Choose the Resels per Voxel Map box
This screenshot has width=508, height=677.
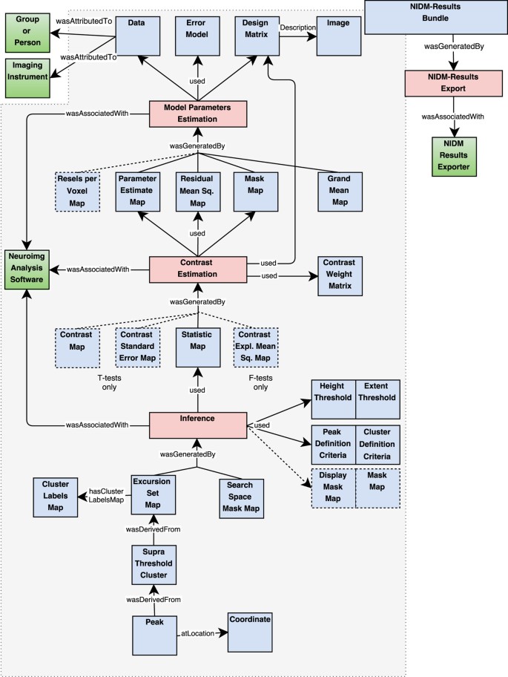(x=77, y=190)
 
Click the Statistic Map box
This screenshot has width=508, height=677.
(x=197, y=347)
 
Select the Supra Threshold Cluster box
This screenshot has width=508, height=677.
(x=154, y=563)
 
